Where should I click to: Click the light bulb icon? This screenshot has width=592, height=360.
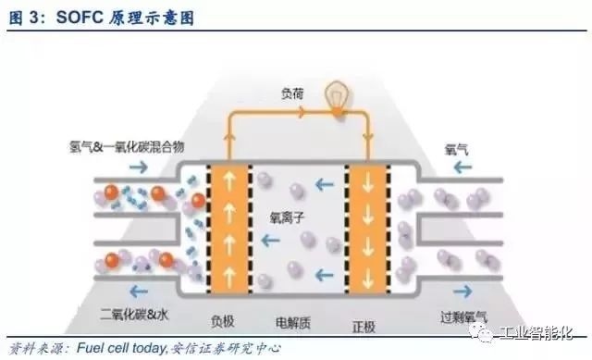[339, 99]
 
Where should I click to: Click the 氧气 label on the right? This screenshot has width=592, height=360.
[456, 146]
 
